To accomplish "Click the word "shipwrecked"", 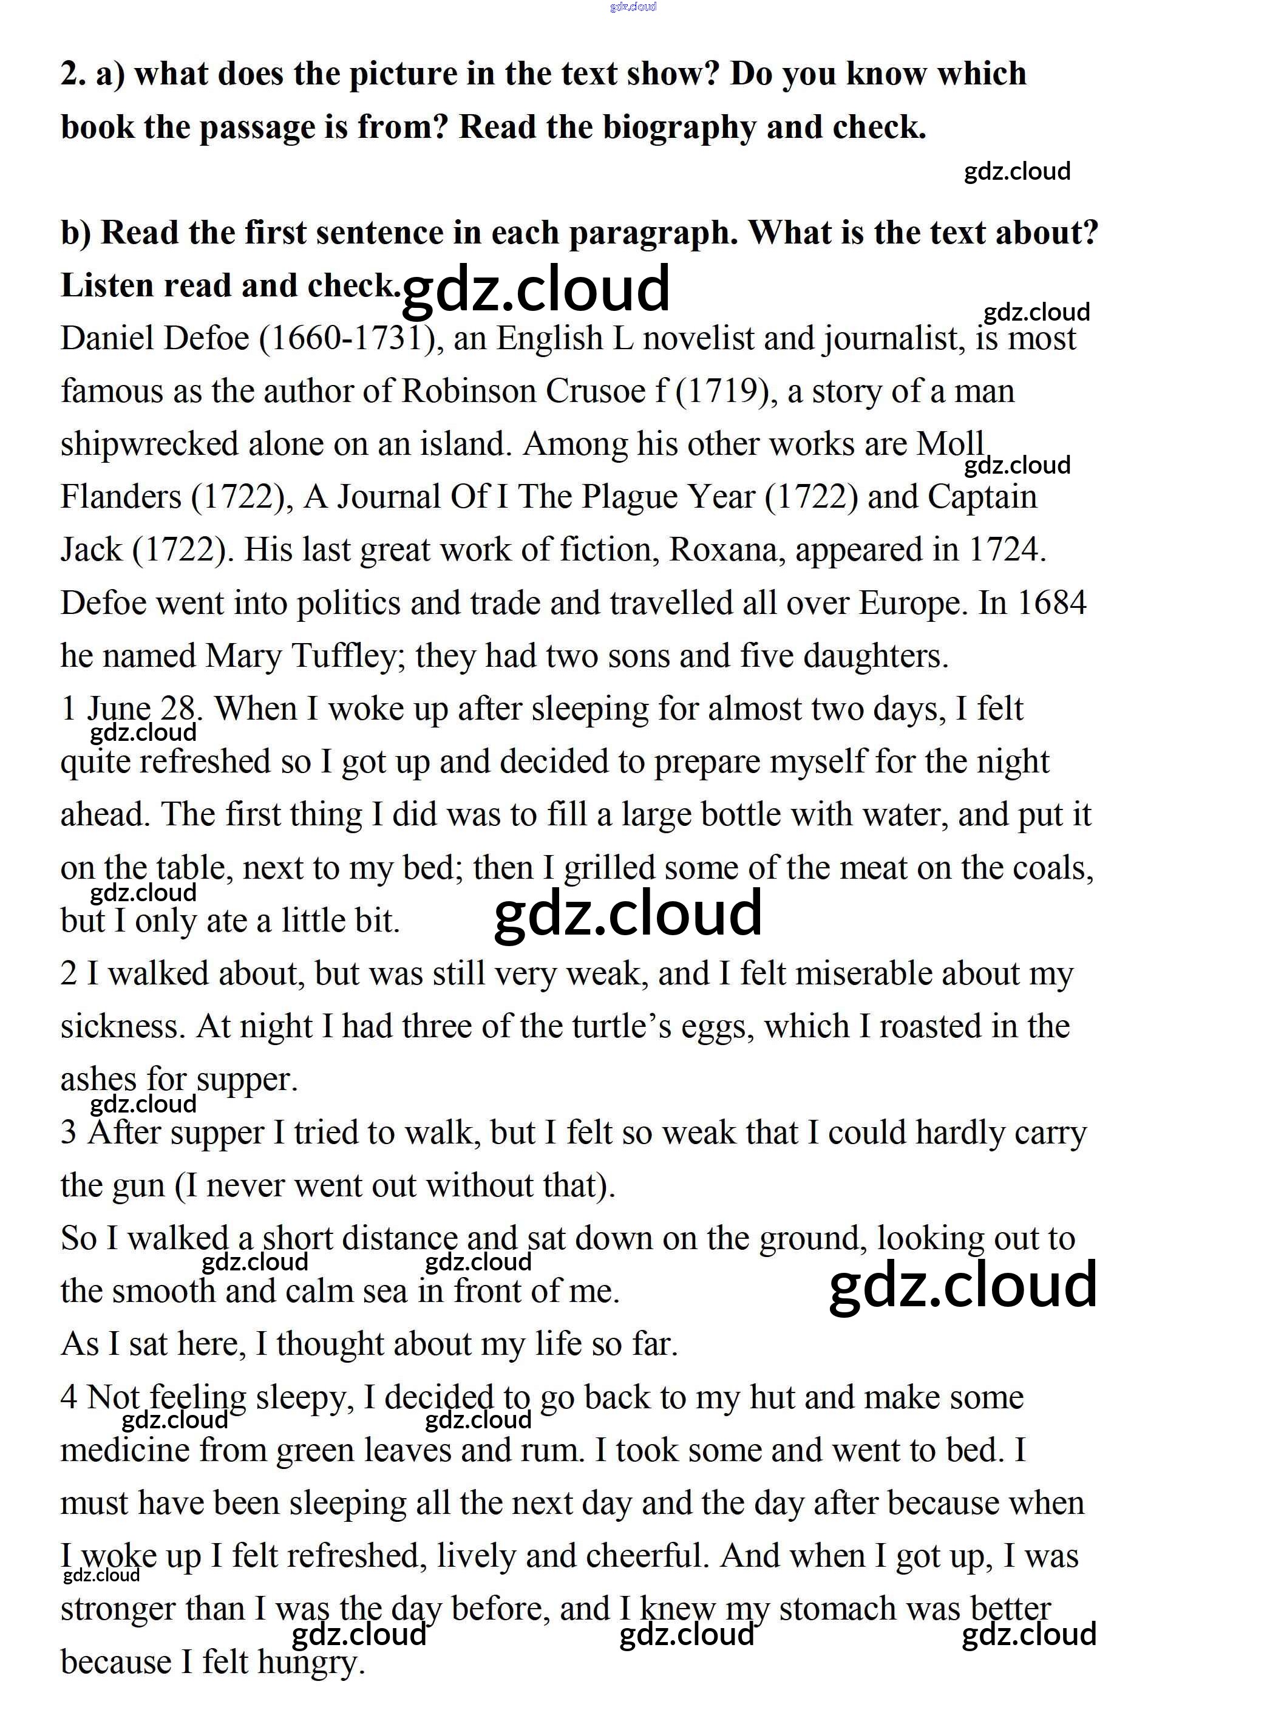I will click(x=149, y=445).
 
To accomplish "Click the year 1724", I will click(x=1007, y=550).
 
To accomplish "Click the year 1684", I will click(x=1051, y=603).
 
